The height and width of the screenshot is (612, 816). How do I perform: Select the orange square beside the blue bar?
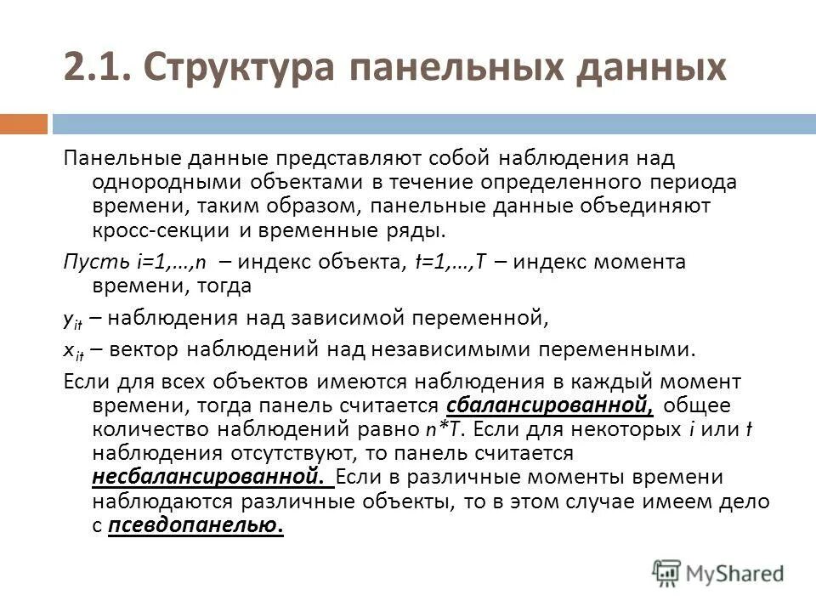pyautogui.click(x=23, y=125)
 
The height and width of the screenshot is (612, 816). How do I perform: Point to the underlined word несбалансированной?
pyautogui.click(x=207, y=478)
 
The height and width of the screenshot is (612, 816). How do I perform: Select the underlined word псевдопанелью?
pyautogui.click(x=196, y=526)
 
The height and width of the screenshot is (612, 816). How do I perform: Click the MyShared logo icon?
pyautogui.click(x=666, y=572)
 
